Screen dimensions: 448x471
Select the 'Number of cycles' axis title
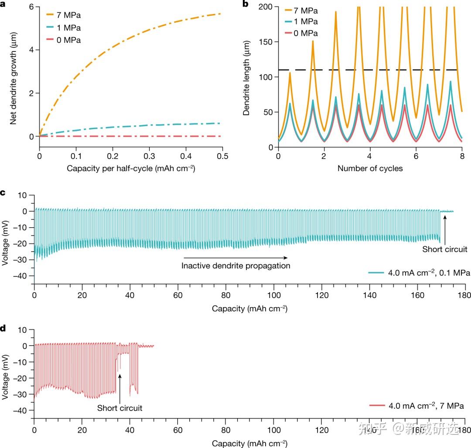(370, 168)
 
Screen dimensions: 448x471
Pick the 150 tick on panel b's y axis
(266, 42)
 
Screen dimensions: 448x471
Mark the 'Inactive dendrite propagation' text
(236, 265)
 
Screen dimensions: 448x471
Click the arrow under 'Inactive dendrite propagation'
(235, 257)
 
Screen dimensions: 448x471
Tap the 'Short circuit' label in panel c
(445, 250)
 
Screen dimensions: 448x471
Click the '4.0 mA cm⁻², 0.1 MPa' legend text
(429, 274)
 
